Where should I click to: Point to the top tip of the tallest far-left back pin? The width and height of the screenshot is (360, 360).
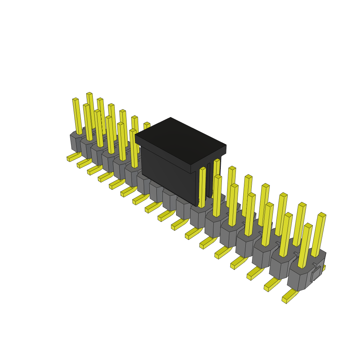point(89,94)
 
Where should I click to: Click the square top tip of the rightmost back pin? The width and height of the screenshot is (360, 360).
point(322,214)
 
